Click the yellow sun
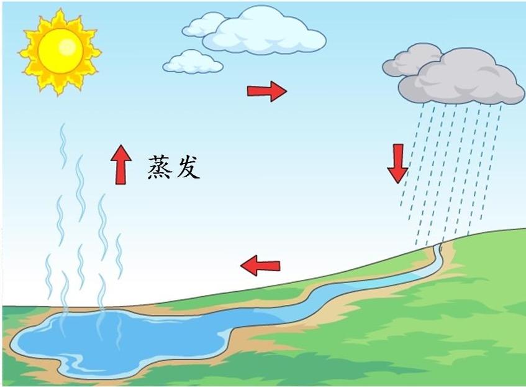[x=60, y=51]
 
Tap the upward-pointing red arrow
[x=120, y=164]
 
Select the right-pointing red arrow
[x=266, y=91]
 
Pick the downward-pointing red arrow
[x=397, y=163]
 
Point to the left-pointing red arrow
[x=260, y=266]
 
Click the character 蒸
[x=160, y=167]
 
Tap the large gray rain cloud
[x=469, y=78]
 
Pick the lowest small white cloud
[x=193, y=62]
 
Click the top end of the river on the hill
[x=440, y=248]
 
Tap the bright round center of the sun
[x=60, y=50]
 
